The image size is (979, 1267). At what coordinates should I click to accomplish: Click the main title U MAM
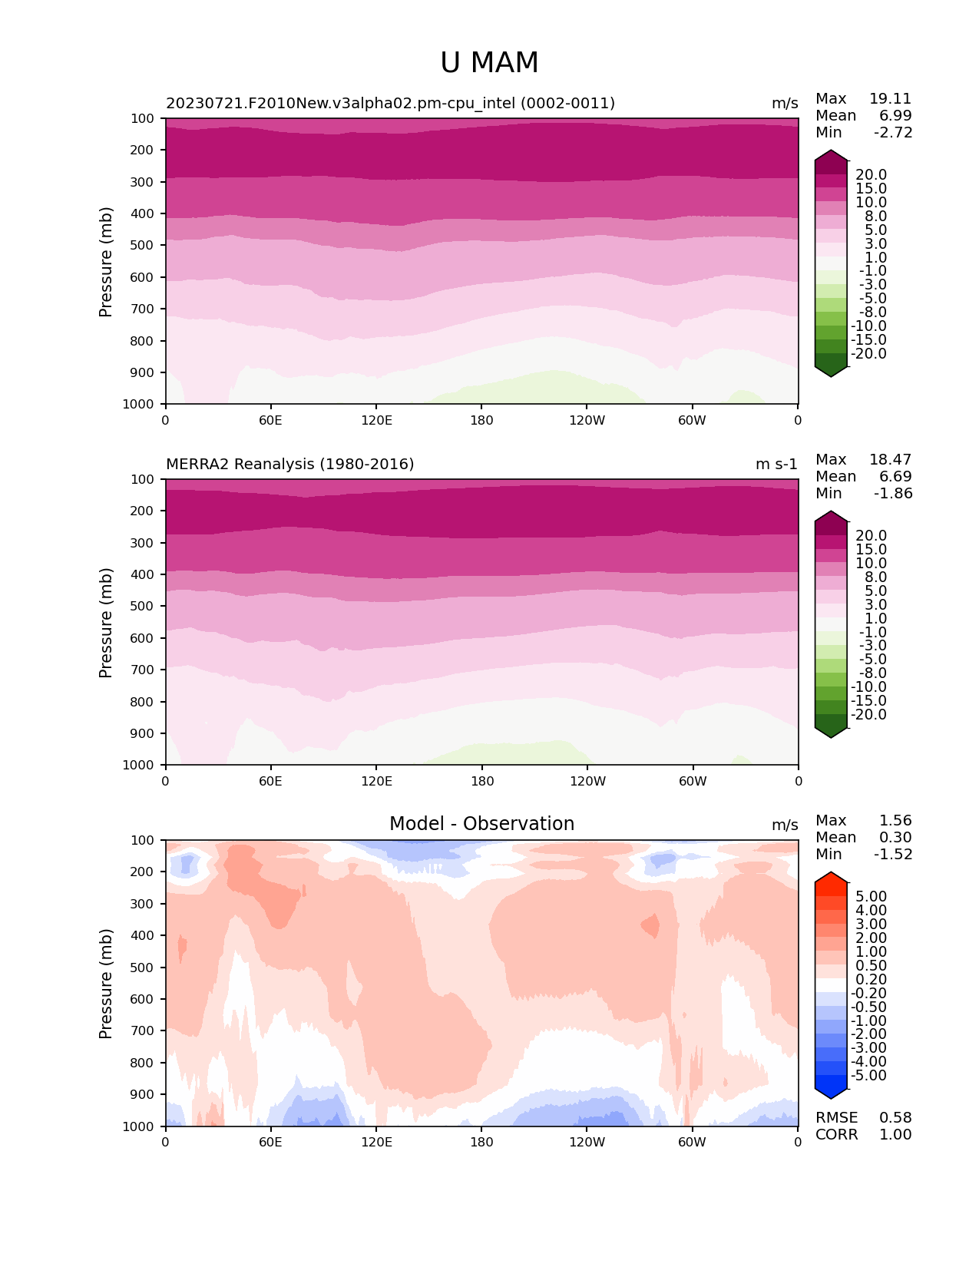click(x=489, y=63)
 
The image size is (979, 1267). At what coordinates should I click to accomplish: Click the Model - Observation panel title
click(x=481, y=824)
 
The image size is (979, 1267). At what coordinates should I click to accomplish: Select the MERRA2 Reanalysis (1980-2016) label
click(x=289, y=465)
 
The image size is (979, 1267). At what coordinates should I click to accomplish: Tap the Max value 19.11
click(x=890, y=99)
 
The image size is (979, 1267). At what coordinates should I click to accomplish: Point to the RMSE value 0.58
click(x=895, y=1118)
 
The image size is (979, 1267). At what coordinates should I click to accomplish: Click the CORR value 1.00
click(x=895, y=1135)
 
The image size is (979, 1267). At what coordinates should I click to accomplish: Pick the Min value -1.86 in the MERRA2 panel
click(x=893, y=494)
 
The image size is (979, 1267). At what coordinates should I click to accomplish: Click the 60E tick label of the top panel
click(x=270, y=420)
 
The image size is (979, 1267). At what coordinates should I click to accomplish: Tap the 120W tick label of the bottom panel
click(x=587, y=1143)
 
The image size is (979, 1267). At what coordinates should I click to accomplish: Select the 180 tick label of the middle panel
click(x=481, y=782)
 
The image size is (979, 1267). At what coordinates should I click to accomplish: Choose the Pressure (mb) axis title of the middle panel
click(x=106, y=623)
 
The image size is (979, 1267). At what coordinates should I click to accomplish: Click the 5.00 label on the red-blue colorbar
click(x=871, y=897)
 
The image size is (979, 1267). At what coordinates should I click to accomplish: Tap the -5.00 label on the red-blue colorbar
click(x=868, y=1076)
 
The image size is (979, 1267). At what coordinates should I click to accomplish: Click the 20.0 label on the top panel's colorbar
click(x=871, y=175)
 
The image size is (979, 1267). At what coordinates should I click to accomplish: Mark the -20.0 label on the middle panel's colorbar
click(x=868, y=715)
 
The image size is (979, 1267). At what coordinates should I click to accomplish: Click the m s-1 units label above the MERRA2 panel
click(x=776, y=465)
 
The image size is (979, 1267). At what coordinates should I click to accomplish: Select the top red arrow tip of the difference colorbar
click(x=831, y=874)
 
